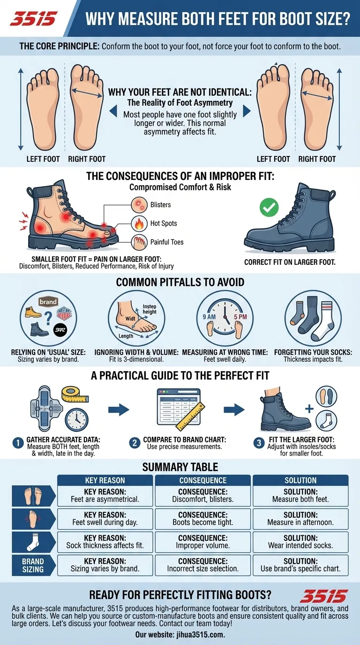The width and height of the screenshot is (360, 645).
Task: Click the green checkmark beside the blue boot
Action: click(269, 206)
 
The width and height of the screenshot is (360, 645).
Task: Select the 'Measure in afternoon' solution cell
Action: click(300, 519)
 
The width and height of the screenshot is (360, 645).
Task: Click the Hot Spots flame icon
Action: click(139, 223)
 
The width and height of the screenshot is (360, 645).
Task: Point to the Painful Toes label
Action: click(167, 242)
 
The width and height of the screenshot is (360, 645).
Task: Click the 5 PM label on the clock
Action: click(240, 316)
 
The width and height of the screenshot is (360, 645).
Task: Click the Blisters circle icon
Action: click(139, 205)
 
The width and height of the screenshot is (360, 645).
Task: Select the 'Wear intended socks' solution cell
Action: click(300, 542)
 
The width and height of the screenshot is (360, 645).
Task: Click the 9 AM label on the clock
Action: click(209, 316)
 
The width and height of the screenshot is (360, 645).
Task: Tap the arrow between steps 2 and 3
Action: click(233, 410)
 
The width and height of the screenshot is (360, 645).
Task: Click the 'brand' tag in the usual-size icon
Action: click(48, 302)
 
